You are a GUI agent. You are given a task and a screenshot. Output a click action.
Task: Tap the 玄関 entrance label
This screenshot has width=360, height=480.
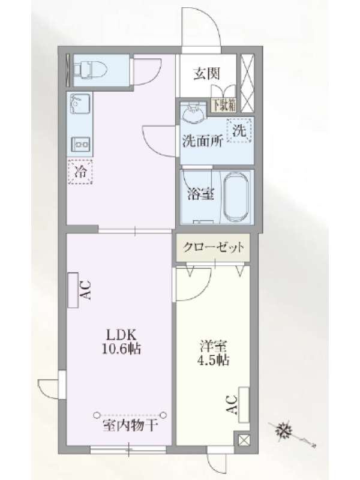pyautogui.click(x=206, y=73)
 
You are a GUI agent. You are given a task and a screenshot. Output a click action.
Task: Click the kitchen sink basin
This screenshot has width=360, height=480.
pyautogui.click(x=80, y=103)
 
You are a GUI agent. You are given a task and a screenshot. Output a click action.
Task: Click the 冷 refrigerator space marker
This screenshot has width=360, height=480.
pyautogui.click(x=80, y=172)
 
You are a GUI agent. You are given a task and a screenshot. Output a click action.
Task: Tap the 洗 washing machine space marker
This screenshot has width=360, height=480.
pyautogui.click(x=239, y=131)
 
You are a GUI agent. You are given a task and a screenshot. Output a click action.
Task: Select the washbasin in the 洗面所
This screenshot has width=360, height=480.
pyautogui.click(x=193, y=113)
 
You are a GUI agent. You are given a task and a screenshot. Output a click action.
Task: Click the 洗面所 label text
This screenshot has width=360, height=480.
pyautogui.click(x=202, y=142)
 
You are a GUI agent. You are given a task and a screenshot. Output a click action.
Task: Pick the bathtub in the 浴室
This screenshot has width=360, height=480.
pyautogui.click(x=237, y=197)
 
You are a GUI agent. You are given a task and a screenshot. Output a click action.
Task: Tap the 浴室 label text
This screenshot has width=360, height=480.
pyautogui.click(x=200, y=194)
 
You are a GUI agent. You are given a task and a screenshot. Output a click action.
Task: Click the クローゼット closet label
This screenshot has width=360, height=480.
pyautogui.click(x=214, y=247)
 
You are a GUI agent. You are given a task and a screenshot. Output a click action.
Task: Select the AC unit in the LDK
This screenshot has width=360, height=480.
pyautogui.click(x=73, y=290)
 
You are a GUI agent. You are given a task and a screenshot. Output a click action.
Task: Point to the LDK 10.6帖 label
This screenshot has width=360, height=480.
pyautogui.click(x=121, y=341)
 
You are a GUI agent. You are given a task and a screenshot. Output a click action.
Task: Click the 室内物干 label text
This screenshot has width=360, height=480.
pyautogui.click(x=130, y=425)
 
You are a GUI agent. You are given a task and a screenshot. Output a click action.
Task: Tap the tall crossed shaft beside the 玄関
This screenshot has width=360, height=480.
pyautogui.click(x=247, y=83)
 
